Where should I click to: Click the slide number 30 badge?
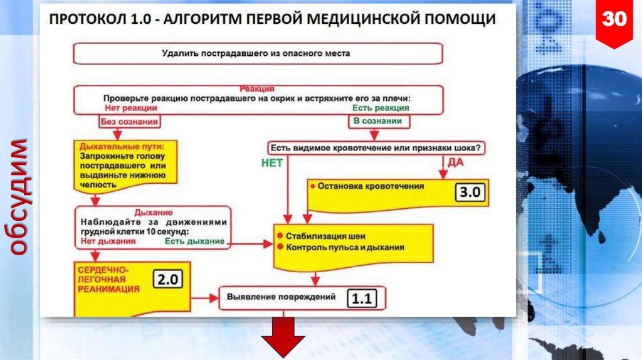(x=614, y=20)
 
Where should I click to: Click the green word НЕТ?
(x=271, y=162)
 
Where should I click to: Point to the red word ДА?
(x=455, y=162)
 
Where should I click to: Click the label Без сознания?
(x=129, y=121)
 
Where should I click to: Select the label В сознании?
(x=377, y=121)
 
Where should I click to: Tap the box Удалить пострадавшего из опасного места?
(x=258, y=53)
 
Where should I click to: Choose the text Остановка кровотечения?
(x=371, y=186)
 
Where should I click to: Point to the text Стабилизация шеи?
(x=325, y=236)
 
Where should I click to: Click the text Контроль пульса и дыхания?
(x=345, y=247)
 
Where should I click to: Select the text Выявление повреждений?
(x=282, y=296)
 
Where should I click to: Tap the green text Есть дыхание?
(x=194, y=241)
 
